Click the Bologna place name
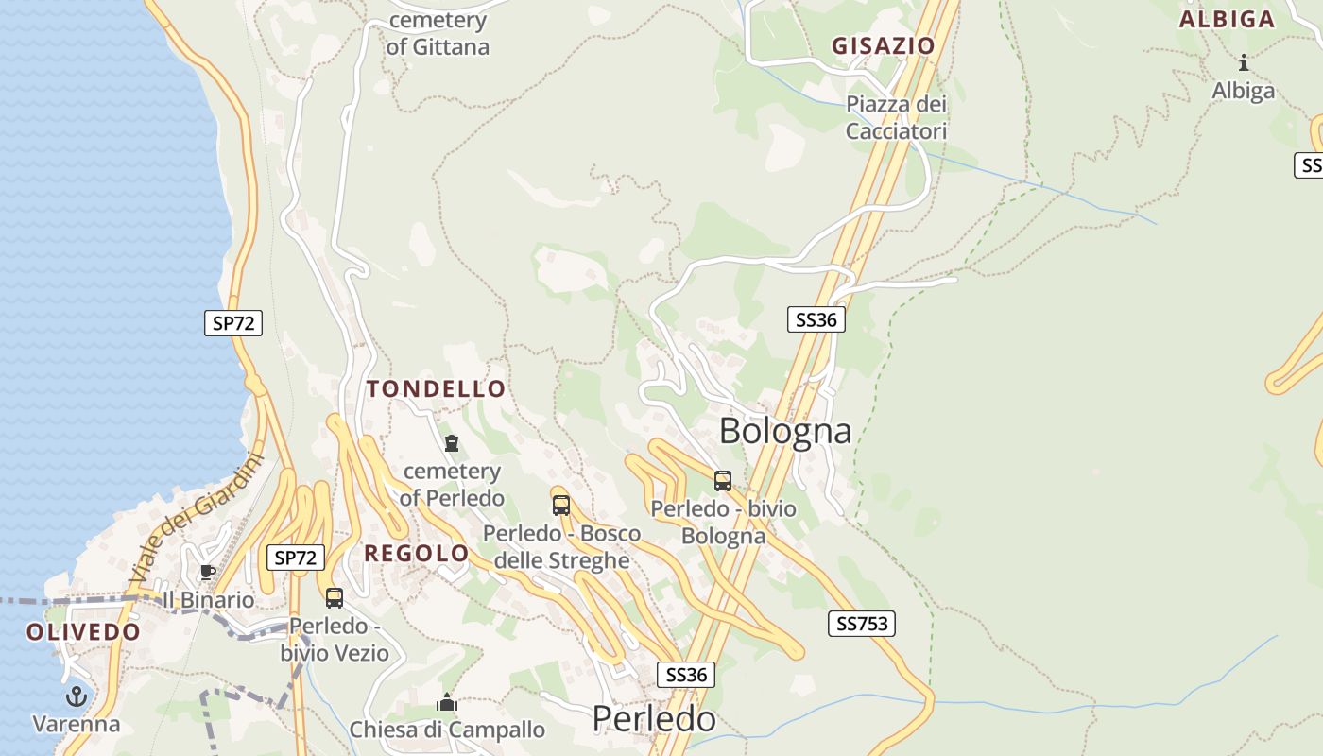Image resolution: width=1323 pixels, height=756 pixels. click(785, 431)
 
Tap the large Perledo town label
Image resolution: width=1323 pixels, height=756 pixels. click(654, 719)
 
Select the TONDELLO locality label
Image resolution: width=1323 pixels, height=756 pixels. click(437, 388)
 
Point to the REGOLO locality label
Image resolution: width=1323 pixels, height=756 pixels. click(417, 554)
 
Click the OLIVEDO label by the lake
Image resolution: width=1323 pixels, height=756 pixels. click(83, 632)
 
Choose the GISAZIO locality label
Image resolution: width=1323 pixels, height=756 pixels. click(883, 45)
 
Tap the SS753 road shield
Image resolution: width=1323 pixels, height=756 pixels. click(862, 624)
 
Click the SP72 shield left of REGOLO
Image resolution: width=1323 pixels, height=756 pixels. click(296, 558)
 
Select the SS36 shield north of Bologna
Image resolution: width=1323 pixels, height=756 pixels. click(816, 319)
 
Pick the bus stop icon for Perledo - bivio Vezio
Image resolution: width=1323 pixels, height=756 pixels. click(335, 597)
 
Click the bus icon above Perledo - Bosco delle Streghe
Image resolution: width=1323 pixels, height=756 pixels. click(561, 505)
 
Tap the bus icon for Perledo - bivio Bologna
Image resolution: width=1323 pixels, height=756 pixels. click(723, 481)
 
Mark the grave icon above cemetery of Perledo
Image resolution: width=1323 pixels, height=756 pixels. click(452, 442)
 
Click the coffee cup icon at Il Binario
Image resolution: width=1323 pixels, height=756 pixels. click(208, 572)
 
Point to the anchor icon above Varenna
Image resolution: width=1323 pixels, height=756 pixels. click(76, 697)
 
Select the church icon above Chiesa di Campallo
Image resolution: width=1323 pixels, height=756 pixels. click(447, 702)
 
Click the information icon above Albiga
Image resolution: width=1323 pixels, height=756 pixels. click(1244, 63)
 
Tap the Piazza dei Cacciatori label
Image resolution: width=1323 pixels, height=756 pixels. click(896, 117)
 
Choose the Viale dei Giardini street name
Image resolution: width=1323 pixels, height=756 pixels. click(196, 516)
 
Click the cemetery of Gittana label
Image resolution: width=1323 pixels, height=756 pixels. click(438, 33)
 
